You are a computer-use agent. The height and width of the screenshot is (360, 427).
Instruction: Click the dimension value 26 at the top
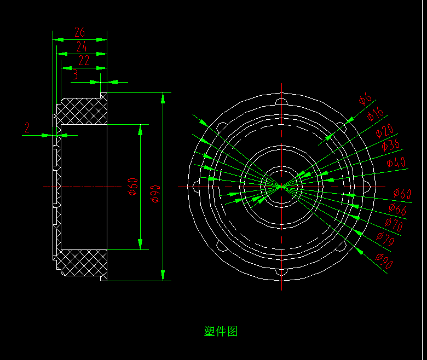tap(80, 32)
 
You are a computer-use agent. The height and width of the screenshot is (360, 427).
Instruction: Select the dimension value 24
tap(82, 47)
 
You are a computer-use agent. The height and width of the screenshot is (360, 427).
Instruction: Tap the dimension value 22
tap(83, 61)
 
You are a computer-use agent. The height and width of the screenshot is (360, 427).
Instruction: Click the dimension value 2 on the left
tap(27, 128)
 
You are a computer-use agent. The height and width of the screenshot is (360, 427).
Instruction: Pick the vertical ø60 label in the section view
tap(132, 187)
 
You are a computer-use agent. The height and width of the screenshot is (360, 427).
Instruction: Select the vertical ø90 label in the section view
tap(155, 193)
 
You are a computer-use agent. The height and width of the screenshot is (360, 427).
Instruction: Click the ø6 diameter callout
tap(365, 100)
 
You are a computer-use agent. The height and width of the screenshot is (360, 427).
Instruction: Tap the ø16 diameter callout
tap(376, 114)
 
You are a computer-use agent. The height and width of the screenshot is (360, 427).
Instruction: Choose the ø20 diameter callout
tap(384, 131)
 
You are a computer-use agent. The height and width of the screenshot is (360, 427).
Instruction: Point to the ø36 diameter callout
tap(390, 146)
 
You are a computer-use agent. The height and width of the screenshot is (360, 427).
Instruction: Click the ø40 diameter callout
tap(396, 162)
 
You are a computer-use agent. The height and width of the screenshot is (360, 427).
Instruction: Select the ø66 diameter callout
tap(398, 209)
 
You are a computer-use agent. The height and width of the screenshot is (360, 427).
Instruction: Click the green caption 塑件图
tap(221, 331)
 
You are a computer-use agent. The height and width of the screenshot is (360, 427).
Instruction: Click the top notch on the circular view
tap(281, 101)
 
